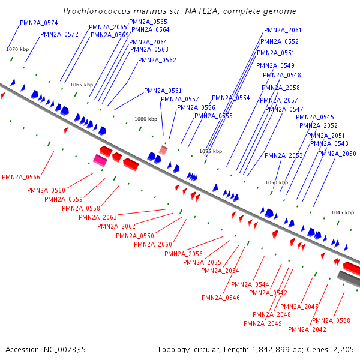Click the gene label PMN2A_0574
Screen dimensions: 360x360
[x=38, y=23]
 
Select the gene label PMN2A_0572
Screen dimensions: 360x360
[x=59, y=35]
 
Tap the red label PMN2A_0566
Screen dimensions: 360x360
[x=21, y=178]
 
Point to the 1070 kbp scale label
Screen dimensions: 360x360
[x=17, y=49]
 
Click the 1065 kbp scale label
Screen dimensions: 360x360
[x=82, y=85]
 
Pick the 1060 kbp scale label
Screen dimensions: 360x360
[x=145, y=119]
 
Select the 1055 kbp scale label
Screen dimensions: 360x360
[x=211, y=152]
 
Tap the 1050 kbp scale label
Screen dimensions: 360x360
[x=277, y=182]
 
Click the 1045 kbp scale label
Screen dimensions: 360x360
[x=343, y=212]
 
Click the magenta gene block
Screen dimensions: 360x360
[x=100, y=160]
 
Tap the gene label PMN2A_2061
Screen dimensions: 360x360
[x=283, y=31]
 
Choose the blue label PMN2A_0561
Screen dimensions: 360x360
[x=163, y=91]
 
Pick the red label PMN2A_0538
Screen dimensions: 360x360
[x=331, y=320]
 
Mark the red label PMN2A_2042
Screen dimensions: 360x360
[x=307, y=329]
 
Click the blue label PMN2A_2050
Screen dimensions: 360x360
[x=337, y=154]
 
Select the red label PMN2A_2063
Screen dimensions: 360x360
[x=97, y=217]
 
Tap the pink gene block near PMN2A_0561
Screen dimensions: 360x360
[x=163, y=149]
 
